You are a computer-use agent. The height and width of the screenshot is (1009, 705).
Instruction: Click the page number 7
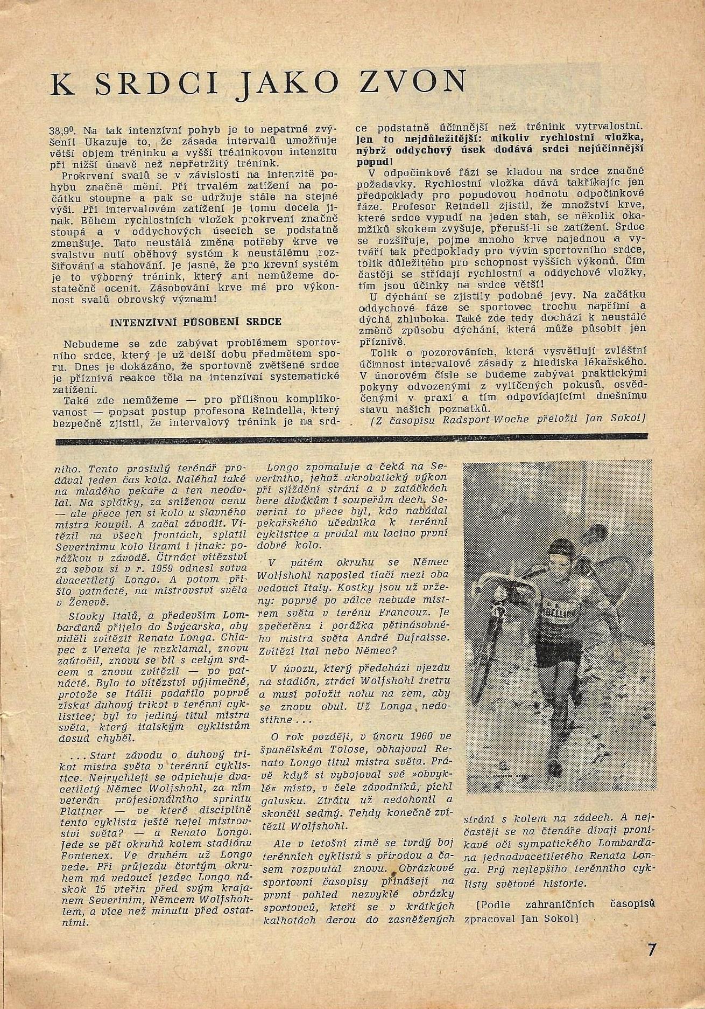(x=652, y=950)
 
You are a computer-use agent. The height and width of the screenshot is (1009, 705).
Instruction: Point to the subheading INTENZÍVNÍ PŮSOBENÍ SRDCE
(x=196, y=322)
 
